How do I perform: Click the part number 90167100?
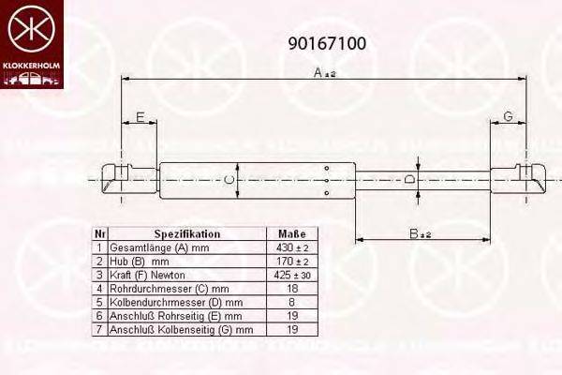326,43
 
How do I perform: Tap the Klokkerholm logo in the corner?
32,43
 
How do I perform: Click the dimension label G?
508,116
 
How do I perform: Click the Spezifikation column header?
186,233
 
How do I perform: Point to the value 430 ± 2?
292,247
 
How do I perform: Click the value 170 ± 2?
292,262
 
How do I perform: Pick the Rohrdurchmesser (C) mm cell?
169,289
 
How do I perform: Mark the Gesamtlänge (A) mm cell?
160,247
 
